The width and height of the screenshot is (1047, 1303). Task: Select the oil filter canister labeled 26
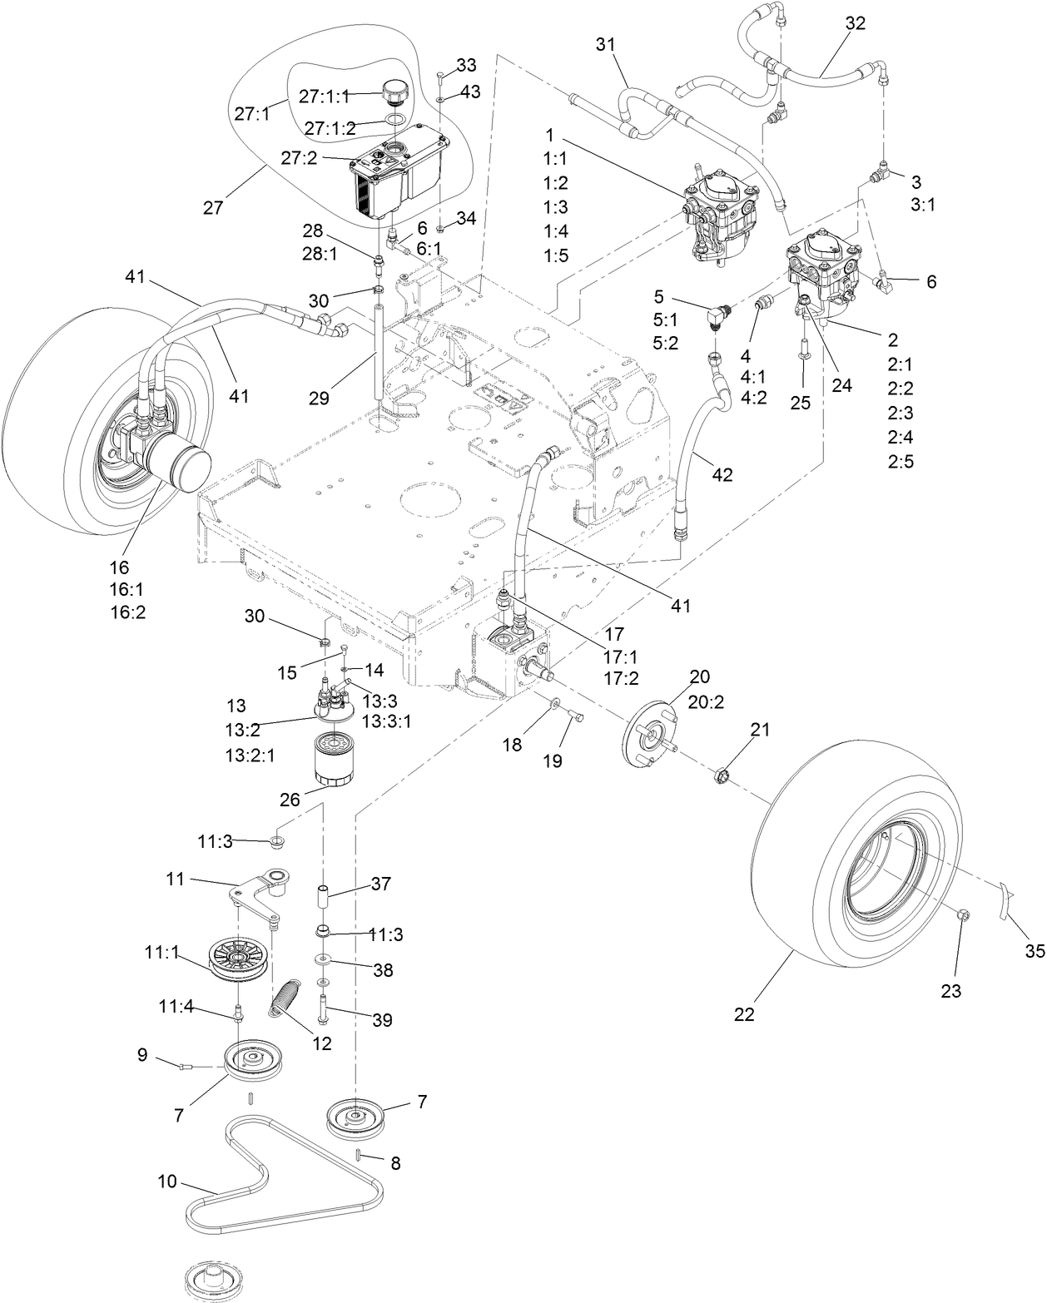click(x=335, y=757)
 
